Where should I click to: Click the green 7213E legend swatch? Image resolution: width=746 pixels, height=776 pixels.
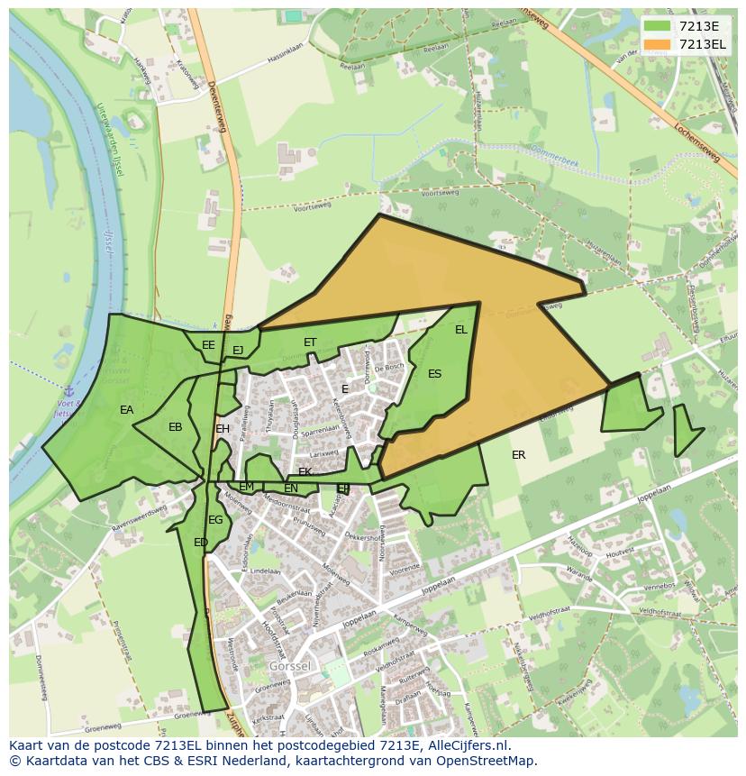point(658,26)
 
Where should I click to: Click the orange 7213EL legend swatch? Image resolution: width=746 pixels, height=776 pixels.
point(658,44)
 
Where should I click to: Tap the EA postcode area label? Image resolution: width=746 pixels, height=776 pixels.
point(127,410)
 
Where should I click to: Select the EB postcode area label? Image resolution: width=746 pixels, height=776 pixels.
point(176,427)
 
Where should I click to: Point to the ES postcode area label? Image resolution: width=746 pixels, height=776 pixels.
point(435,374)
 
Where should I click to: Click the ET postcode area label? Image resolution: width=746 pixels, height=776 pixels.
point(310,342)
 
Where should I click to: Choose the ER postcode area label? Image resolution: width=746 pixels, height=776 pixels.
point(518,455)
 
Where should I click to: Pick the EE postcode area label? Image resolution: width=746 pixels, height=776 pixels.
point(208,345)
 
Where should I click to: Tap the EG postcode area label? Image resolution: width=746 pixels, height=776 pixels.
point(215,520)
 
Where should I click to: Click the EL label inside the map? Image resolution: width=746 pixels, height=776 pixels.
point(461,330)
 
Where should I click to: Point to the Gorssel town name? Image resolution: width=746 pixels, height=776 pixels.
point(288,665)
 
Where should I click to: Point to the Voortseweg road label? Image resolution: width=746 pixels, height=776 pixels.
point(440,194)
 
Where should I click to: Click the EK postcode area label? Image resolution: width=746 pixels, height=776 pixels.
point(305,472)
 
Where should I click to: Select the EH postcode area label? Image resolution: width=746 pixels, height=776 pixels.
point(223,429)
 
